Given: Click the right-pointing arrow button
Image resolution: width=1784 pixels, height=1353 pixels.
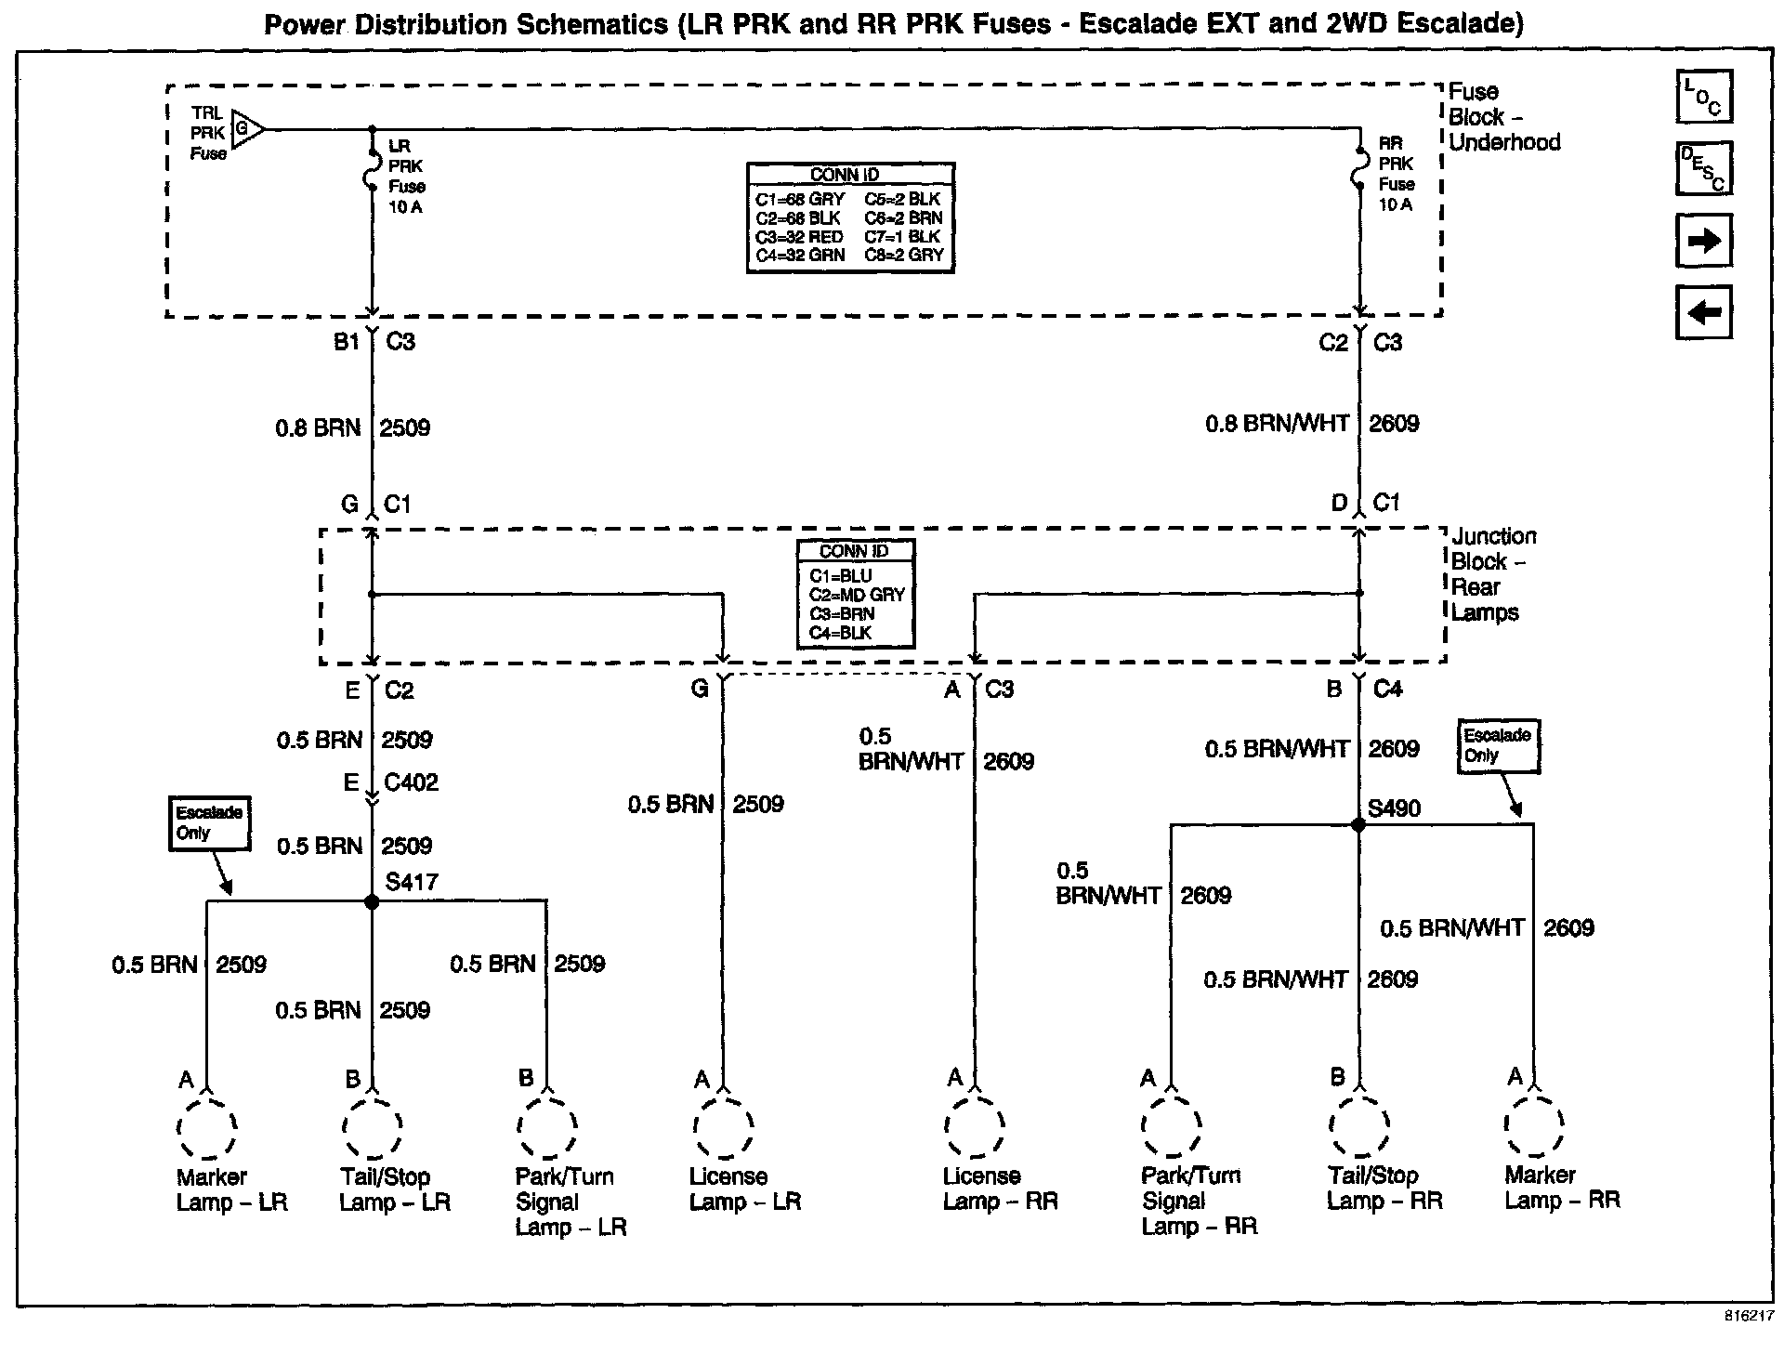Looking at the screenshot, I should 1703,242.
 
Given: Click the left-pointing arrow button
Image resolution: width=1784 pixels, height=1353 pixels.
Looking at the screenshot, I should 1703,312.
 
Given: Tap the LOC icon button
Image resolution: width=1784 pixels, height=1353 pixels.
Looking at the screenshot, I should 1703,97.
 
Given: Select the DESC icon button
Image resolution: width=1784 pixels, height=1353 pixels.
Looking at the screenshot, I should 1703,169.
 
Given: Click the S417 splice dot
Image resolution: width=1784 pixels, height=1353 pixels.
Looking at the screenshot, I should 372,901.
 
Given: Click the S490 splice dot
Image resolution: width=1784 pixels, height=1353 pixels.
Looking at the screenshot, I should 1358,824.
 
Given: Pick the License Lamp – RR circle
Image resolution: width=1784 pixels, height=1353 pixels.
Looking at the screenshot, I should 974,1128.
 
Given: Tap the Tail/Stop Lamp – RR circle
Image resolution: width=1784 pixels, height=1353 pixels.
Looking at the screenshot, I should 1358,1128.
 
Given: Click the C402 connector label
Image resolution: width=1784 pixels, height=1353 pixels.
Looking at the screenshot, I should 411,782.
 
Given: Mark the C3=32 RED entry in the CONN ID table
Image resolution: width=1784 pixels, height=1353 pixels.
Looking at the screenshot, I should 799,237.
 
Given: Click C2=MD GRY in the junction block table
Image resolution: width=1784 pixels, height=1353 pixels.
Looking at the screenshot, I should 856,595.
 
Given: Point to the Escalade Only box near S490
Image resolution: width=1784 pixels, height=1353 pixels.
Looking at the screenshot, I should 1497,745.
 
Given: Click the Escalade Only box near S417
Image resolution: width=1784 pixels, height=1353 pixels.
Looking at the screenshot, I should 209,822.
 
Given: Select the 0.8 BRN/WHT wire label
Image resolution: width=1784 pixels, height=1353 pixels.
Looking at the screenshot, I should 1277,424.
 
